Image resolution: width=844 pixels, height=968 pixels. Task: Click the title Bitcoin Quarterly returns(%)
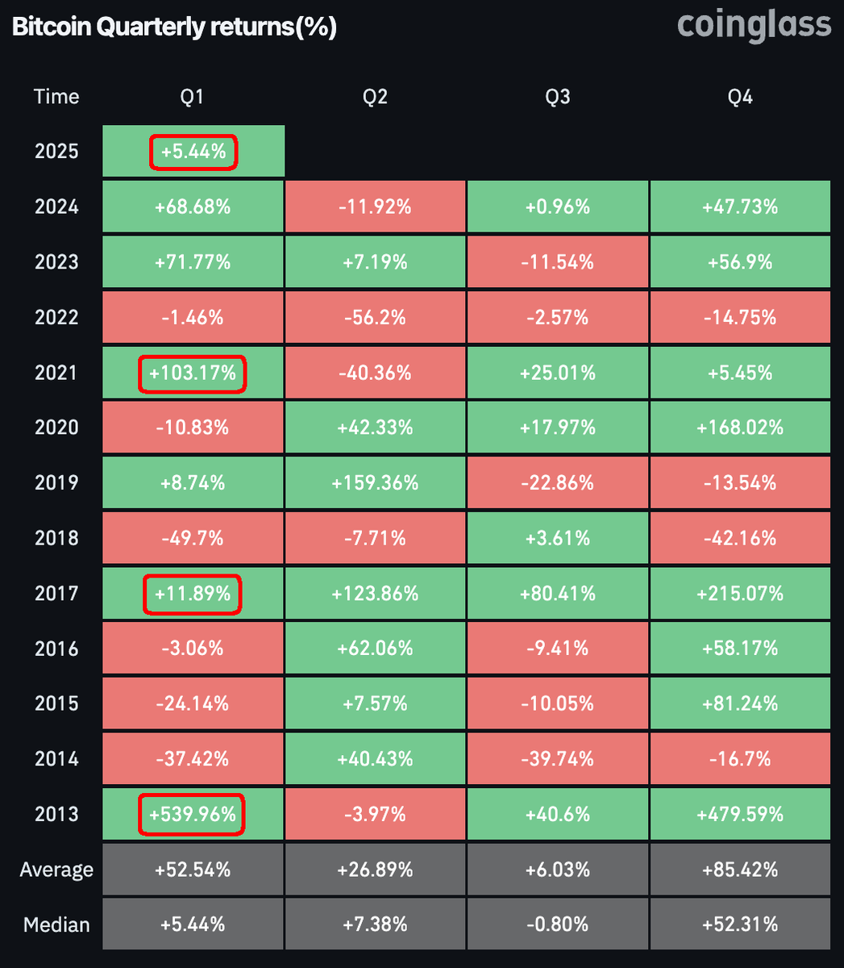[174, 27]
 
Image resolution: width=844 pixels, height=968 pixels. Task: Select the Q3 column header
[557, 97]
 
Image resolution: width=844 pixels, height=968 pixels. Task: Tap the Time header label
[56, 97]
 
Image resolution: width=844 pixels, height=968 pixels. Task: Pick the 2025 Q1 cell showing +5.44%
[193, 152]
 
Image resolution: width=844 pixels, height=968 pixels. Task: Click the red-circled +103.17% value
[193, 373]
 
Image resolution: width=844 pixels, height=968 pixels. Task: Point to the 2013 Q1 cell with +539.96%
[193, 814]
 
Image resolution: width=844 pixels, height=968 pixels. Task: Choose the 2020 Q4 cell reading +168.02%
[740, 428]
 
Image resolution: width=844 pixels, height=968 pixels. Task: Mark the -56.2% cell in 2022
[375, 317]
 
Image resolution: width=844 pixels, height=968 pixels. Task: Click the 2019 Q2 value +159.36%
[375, 482]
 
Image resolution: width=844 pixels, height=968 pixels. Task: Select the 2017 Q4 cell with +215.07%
[740, 594]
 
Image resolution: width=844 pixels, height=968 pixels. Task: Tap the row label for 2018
[56, 538]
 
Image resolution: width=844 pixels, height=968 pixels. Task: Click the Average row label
[56, 870]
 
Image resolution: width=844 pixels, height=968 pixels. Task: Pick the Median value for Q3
[557, 924]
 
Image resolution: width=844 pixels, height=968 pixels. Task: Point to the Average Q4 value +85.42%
[740, 870]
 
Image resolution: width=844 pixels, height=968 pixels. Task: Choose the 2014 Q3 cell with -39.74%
[557, 759]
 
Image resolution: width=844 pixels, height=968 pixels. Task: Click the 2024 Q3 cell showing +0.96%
[557, 207]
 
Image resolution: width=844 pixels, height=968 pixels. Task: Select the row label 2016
[56, 649]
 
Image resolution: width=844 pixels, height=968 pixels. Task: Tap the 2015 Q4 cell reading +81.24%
[740, 703]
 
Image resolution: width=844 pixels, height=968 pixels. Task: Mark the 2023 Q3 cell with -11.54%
[557, 262]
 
